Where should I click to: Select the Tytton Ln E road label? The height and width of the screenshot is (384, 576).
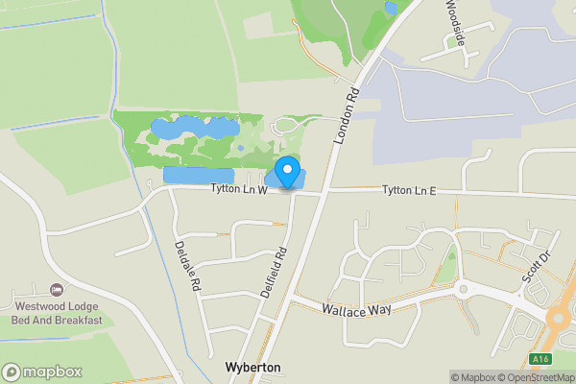409,191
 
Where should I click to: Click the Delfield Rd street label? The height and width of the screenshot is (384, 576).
275,272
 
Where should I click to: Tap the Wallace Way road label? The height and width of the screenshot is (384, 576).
356,312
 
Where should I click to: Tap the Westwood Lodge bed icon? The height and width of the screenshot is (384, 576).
57,290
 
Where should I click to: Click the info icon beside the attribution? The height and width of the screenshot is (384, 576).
443,377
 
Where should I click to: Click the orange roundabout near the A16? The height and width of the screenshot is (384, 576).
563,320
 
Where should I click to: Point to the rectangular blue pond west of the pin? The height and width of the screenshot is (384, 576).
199,176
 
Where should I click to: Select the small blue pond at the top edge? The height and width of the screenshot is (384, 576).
390,8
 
